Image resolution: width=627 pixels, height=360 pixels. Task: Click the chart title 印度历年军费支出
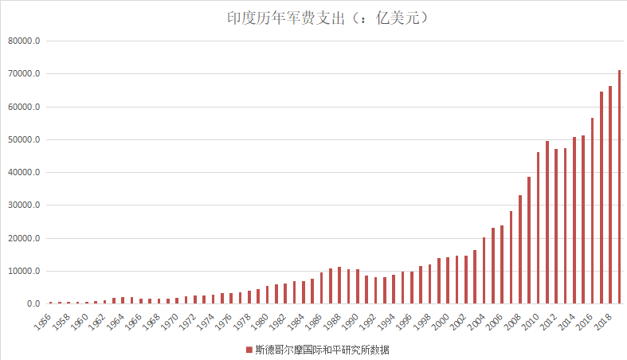pos(286,18)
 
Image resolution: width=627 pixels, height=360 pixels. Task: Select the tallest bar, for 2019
pos(619,186)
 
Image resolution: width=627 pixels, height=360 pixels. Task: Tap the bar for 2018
pos(610,194)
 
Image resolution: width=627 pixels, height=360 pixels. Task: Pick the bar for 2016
pos(592,210)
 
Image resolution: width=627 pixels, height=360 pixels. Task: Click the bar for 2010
pos(539,228)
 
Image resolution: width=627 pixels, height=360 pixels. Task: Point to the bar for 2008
pos(520,249)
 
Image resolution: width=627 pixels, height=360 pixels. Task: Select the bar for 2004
pos(484,271)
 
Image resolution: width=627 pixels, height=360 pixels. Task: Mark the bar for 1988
pos(339,285)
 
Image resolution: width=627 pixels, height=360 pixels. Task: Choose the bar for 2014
pos(574,220)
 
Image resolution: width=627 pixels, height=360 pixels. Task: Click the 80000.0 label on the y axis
pos(24,41)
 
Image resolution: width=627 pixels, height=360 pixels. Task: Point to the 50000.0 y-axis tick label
pos(24,139)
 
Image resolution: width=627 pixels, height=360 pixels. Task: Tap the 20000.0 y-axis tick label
pos(24,238)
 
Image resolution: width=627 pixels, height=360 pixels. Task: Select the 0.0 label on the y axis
pos(33,303)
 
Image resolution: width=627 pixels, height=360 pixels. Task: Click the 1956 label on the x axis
pos(43,322)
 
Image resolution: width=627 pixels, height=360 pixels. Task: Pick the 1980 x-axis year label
pos(260,322)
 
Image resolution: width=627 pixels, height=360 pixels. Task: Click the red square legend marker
pos(249,350)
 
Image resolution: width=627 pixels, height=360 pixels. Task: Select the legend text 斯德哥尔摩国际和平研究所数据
pos(322,350)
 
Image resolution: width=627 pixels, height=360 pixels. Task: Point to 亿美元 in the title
pos(398,18)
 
